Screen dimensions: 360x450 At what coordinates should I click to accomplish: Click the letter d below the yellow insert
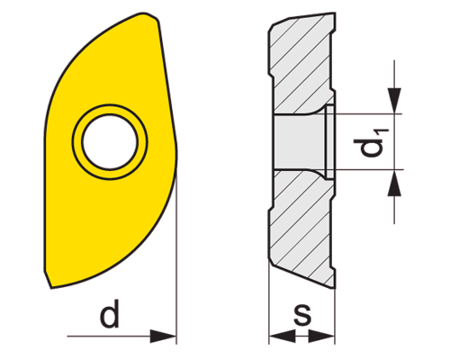point(109,316)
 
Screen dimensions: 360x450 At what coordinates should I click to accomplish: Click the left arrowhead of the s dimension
point(278,336)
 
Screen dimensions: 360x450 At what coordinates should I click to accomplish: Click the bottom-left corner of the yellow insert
point(50,286)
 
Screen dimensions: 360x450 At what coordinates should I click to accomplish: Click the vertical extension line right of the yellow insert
point(177,252)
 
